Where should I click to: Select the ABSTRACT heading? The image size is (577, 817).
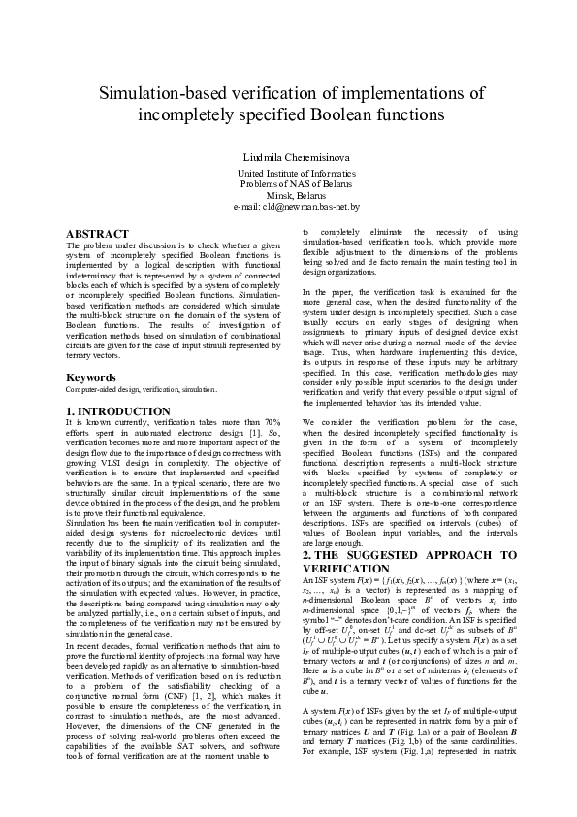click(97, 235)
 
